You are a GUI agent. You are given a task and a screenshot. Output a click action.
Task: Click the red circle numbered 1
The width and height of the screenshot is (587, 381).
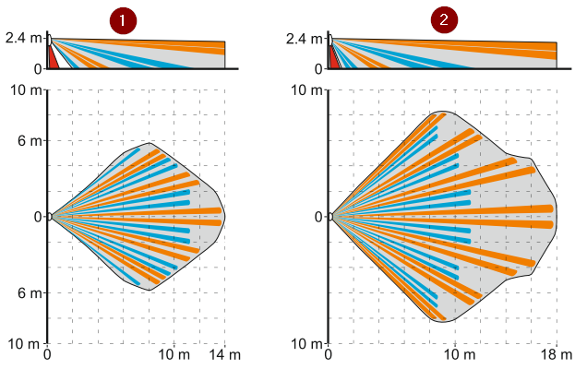122,18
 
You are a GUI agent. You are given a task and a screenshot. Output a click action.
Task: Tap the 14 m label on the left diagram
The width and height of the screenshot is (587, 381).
227,355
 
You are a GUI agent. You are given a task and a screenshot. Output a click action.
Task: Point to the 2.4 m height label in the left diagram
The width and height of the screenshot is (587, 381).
23,39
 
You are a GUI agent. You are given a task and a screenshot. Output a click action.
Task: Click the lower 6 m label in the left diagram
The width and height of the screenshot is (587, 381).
28,292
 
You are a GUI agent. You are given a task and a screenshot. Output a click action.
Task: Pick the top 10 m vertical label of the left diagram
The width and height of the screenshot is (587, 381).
23,90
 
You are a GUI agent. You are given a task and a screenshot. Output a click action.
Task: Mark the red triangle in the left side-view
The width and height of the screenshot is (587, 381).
52,58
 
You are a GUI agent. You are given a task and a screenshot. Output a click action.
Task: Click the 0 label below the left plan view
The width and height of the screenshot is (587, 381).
48,355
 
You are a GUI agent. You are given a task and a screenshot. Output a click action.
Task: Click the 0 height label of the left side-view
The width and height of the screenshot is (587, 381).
37,68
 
